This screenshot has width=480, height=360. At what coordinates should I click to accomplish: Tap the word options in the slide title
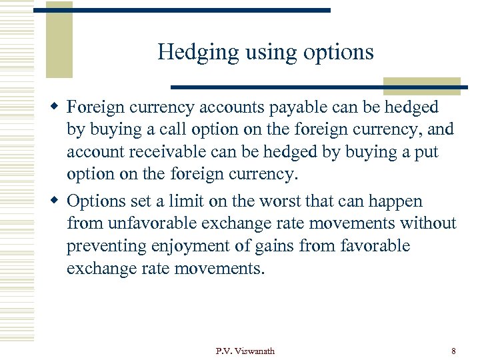[x=340, y=53]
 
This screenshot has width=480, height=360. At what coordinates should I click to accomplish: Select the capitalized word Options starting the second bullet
[x=96, y=201]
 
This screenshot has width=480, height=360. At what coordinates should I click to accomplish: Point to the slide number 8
[x=453, y=351]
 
